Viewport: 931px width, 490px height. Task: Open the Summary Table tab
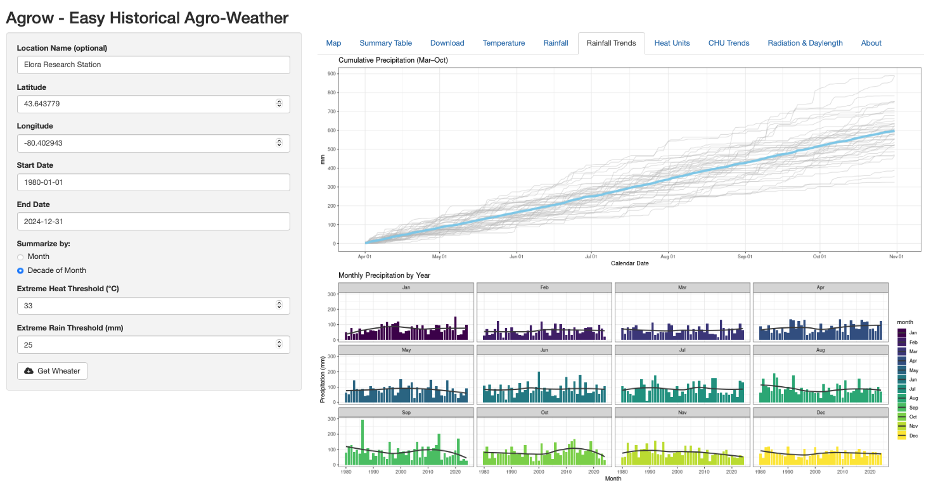tap(385, 43)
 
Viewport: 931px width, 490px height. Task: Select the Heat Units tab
tap(672, 43)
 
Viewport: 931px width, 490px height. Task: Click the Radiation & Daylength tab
tap(805, 43)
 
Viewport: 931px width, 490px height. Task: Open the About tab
tap(871, 43)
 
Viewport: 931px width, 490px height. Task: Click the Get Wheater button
tap(52, 371)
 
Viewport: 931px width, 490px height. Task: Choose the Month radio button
tap(20, 257)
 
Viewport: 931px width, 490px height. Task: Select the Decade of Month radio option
tap(20, 271)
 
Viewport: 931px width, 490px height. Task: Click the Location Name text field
tap(153, 65)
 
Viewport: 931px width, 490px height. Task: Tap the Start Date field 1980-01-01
tap(153, 182)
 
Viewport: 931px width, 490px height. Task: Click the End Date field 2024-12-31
tap(153, 222)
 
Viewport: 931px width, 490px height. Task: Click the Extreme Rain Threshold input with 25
tap(146, 344)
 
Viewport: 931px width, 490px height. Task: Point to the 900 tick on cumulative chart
tap(332, 73)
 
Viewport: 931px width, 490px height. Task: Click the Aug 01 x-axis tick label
tap(667, 257)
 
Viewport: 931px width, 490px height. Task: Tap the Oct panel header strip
tap(544, 413)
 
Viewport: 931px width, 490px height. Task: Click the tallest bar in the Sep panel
tap(363, 442)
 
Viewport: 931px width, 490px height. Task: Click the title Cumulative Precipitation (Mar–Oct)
tap(393, 60)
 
